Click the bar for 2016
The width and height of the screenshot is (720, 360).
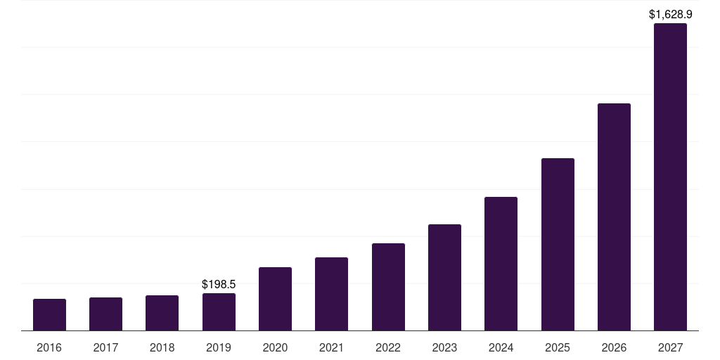coord(50,314)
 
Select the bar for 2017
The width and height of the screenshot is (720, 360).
coord(106,314)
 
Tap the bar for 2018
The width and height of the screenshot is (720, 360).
coord(162,313)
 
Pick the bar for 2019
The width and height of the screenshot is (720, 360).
coord(219,311)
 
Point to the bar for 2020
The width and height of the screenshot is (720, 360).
coord(276,299)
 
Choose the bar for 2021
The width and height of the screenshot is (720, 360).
coord(332,294)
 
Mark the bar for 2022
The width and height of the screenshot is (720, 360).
coord(388,287)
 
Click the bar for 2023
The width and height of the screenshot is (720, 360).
coord(444,277)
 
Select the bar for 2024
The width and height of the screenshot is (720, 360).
coord(501,264)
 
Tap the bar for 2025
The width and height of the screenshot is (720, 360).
coord(558,244)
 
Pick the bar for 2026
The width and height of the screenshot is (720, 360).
coord(614,217)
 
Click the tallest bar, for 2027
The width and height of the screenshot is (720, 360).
coord(670,176)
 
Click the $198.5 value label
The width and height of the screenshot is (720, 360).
coord(219,284)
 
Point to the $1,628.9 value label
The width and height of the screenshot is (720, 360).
coord(670,14)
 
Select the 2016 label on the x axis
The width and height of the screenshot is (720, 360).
coord(49,347)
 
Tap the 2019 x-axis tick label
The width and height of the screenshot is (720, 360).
coord(219,347)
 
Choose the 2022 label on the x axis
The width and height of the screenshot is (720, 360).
coord(388,347)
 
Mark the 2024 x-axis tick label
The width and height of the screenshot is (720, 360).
coord(501,347)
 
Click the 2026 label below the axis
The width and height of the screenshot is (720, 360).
coord(614,347)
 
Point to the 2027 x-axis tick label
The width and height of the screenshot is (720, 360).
coord(670,347)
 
